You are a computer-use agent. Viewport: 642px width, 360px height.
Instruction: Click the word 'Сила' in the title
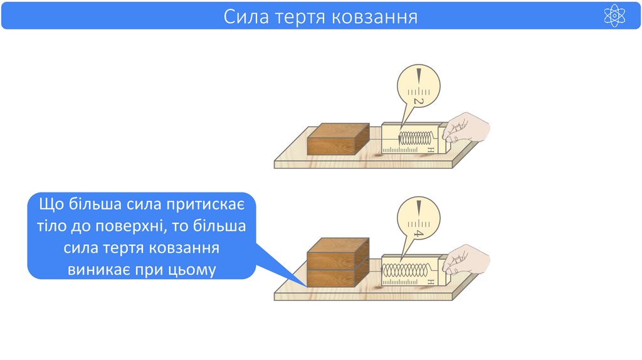[x=246, y=16]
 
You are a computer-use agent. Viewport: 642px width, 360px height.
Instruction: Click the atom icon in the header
[x=614, y=16]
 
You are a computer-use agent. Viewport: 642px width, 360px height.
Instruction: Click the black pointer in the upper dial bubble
[x=419, y=76]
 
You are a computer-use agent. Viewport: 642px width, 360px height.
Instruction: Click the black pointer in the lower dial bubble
[x=419, y=207]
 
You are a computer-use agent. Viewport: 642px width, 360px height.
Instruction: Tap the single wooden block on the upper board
[x=337, y=139]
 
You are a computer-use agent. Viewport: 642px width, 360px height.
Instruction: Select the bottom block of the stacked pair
[x=337, y=275]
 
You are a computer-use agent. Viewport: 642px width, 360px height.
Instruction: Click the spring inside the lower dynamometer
[x=408, y=271]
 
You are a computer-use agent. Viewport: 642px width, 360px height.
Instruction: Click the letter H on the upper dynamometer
[x=431, y=150]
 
